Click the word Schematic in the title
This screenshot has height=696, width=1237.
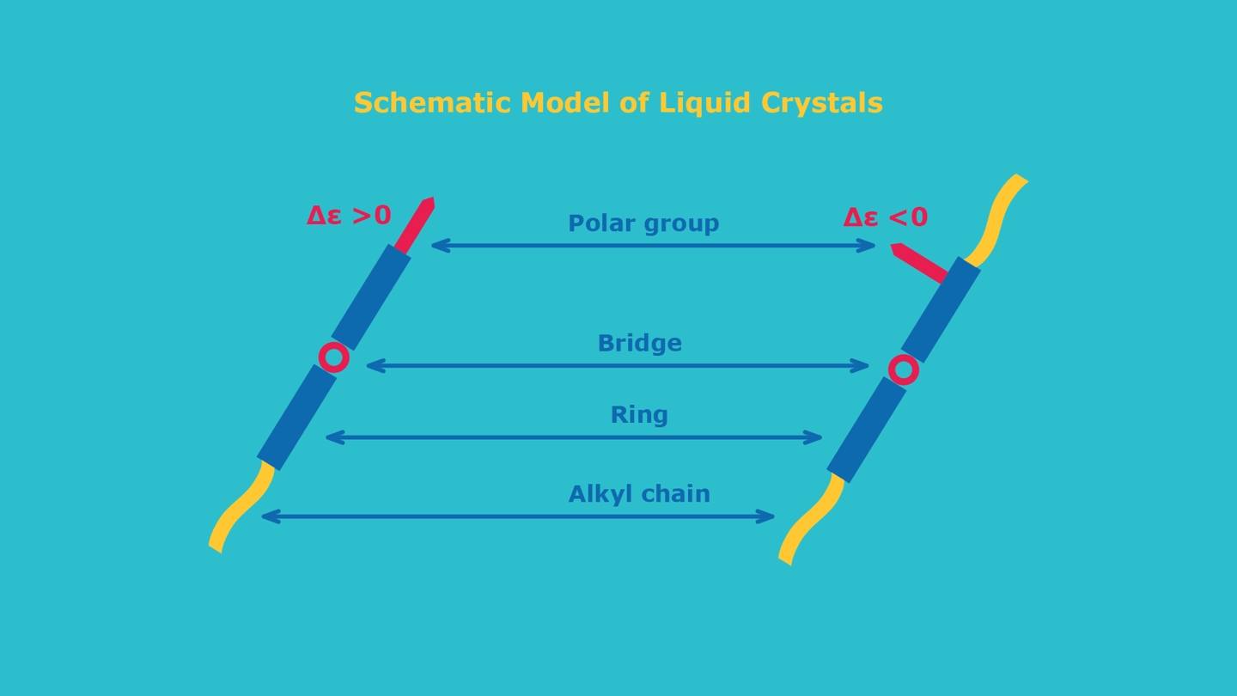pos(432,103)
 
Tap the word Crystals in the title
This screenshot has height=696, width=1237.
pos(822,103)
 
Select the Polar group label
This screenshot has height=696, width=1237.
pos(643,223)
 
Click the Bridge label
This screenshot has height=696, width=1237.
pos(639,343)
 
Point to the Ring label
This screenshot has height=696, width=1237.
pos(639,415)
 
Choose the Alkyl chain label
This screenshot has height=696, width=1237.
pos(639,493)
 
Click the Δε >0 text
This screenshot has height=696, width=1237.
pos(349,216)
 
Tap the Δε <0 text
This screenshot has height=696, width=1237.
pos(885,217)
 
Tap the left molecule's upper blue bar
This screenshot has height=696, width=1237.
pos(370,297)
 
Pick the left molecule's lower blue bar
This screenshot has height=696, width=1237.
pos(296,417)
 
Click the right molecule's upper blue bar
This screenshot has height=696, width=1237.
pos(941,309)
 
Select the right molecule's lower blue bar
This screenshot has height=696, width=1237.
pos(867,430)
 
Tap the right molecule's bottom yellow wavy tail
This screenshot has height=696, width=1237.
pos(811,519)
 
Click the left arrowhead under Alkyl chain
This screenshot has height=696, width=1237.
pos(270,517)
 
